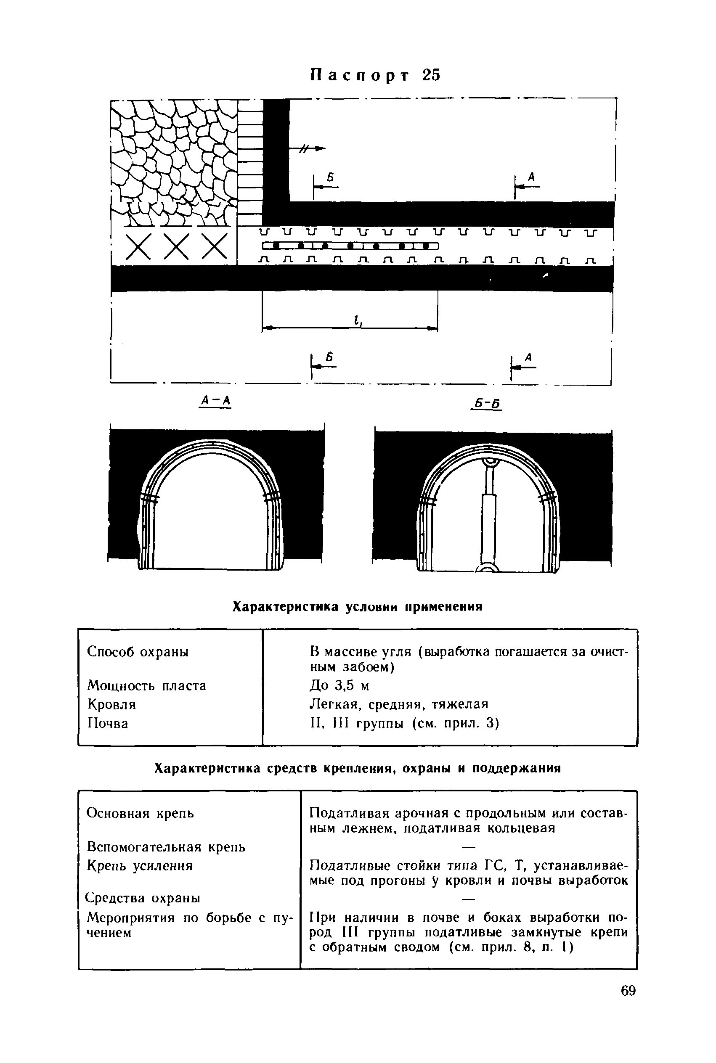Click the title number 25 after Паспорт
point(431,75)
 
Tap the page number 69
point(628,991)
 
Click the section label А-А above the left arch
point(215,401)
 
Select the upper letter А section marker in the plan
point(531,177)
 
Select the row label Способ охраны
point(138,652)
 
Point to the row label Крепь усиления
point(140,866)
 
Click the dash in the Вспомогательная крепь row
point(469,848)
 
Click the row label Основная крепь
point(140,813)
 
